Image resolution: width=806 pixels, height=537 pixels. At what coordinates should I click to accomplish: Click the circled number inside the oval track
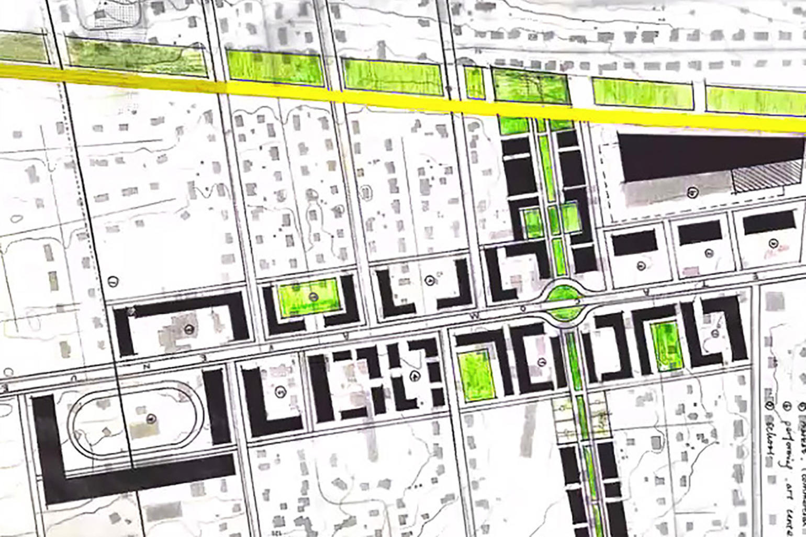click(x=151, y=418)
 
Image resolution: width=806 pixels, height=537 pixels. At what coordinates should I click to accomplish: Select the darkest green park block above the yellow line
click(x=530, y=86)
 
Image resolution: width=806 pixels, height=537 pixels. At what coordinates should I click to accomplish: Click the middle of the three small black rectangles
click(x=700, y=232)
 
